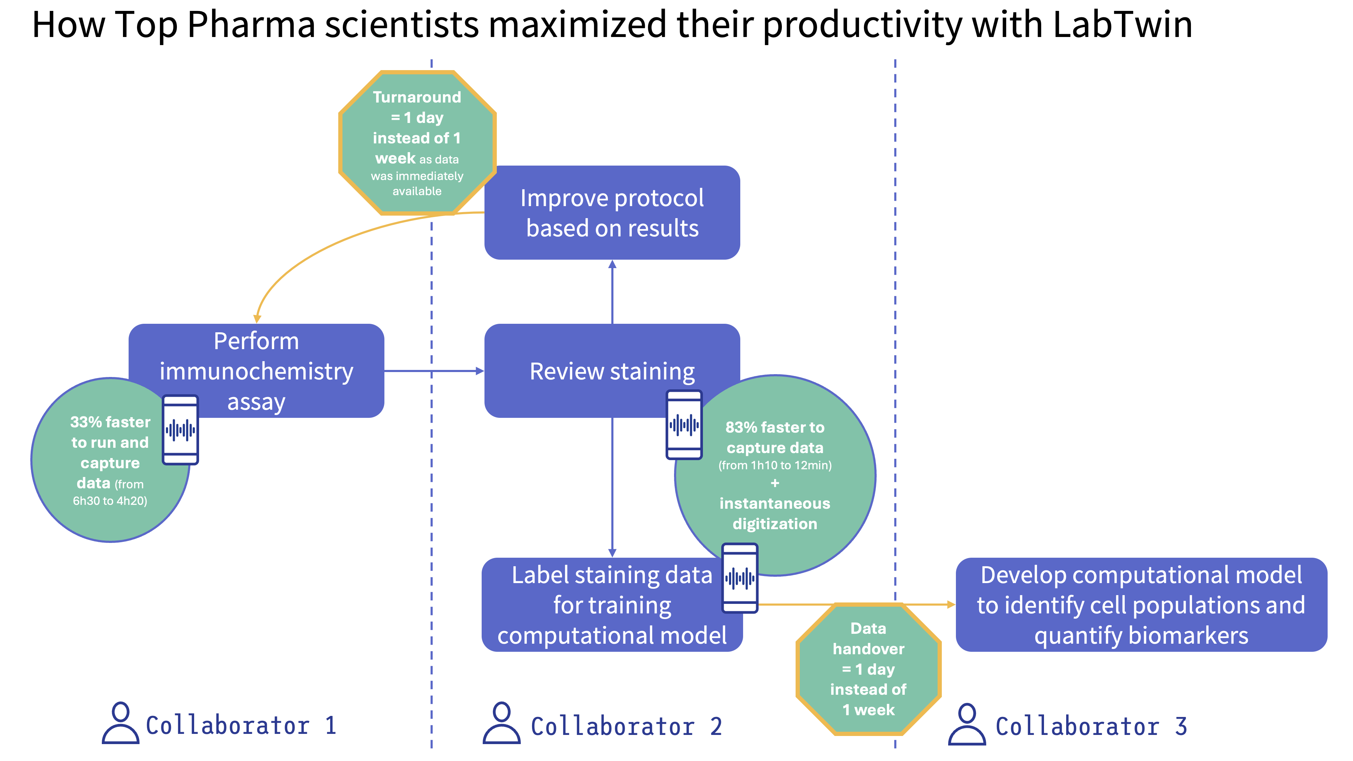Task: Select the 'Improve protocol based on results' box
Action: click(x=612, y=213)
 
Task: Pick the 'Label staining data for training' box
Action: click(x=599, y=605)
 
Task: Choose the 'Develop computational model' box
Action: click(x=1141, y=605)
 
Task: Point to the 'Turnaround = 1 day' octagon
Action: click(x=417, y=143)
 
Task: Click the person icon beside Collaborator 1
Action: click(x=120, y=723)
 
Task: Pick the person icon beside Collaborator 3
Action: click(x=967, y=724)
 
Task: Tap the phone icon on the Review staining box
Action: click(x=684, y=424)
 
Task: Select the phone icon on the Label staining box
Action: click(x=740, y=578)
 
